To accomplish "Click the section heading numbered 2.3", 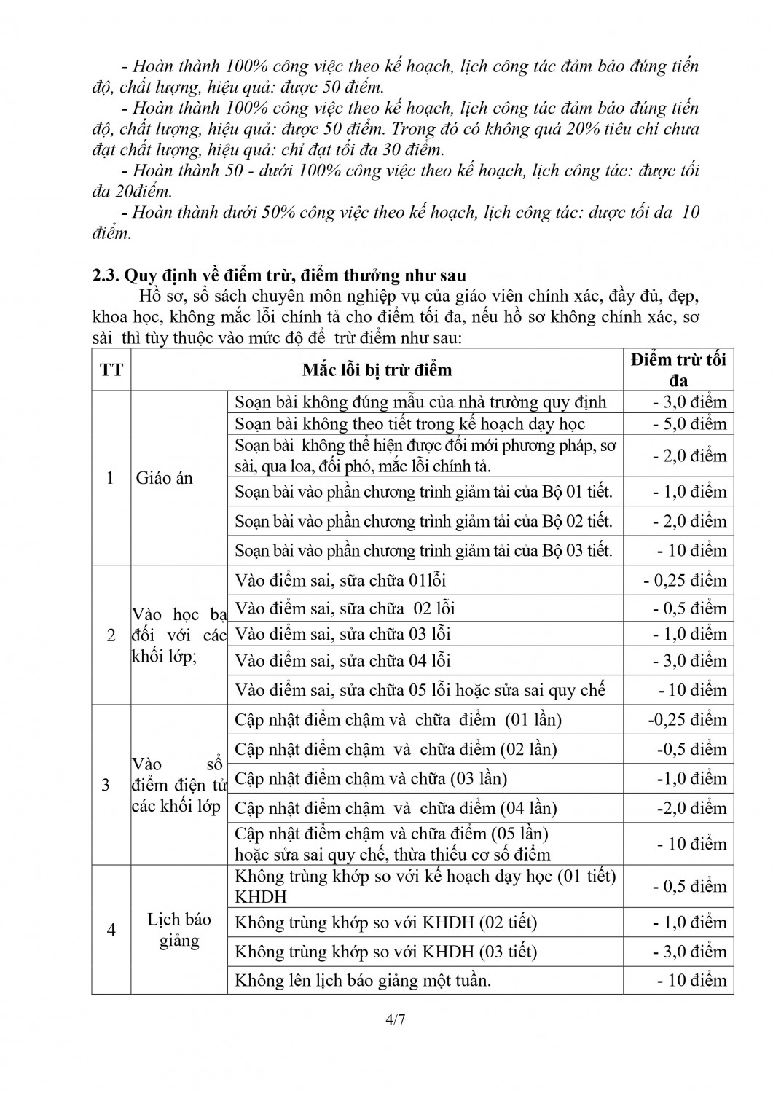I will point(279,275).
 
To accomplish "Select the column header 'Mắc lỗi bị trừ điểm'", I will point(377,370).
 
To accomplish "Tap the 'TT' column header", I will point(111,370).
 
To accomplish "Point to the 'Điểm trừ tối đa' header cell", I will point(678,369).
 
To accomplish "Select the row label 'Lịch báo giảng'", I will point(178,930).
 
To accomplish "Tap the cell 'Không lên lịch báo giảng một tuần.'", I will point(363,980).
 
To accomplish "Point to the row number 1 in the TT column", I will point(111,478).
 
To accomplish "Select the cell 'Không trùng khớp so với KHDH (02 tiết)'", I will point(385,922).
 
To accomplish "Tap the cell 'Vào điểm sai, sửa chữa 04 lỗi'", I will point(342,661).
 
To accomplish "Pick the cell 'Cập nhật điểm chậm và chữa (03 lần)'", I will point(371,778).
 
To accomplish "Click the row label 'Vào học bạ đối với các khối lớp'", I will point(178,635).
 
